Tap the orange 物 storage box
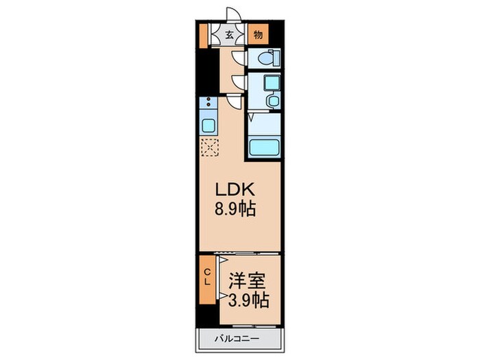(258, 34)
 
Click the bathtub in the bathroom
(264, 147)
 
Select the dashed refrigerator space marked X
(208, 147)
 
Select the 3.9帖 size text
(248, 300)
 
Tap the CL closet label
(208, 278)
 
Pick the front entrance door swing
(235, 15)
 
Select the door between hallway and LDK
(235, 102)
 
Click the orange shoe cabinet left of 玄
(204, 35)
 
